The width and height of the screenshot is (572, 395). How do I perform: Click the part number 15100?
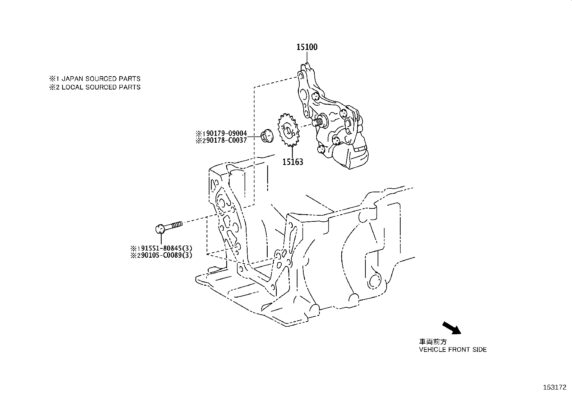[306, 47]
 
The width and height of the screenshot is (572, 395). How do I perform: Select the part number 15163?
[292, 162]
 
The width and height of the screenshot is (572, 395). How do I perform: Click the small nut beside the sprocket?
[267, 137]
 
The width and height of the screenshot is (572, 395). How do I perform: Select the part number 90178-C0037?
[223, 141]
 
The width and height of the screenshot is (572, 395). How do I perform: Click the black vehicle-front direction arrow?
[451, 328]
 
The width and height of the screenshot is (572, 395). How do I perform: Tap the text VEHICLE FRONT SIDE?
[453, 349]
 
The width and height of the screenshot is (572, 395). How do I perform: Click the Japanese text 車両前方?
[433, 342]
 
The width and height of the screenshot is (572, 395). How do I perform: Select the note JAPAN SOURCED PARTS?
[101, 79]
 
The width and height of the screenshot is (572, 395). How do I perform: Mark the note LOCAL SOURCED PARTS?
[101, 87]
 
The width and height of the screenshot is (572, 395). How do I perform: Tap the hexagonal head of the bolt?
[160, 229]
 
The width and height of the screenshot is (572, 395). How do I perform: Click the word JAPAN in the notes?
[72, 79]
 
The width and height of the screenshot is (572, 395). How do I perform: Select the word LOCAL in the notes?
[73, 87]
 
